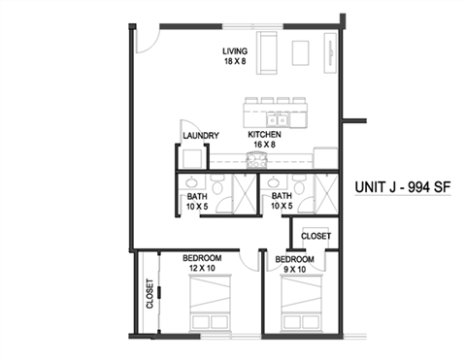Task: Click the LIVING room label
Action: click(x=235, y=50)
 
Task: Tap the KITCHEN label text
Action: click(x=264, y=135)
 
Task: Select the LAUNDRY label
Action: click(x=200, y=136)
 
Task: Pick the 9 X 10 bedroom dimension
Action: click(x=293, y=272)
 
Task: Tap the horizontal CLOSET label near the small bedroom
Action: click(x=316, y=236)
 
